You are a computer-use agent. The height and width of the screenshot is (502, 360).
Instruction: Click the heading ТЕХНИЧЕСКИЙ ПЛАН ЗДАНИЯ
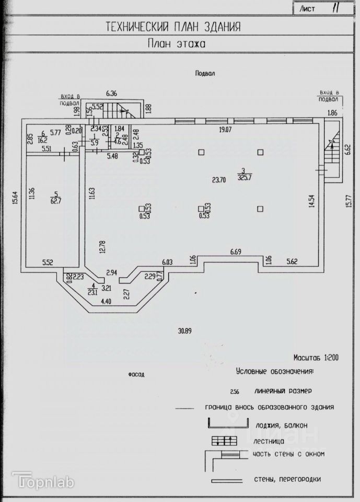click(x=173, y=27)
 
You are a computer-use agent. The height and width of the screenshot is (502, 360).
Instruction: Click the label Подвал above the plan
click(x=205, y=74)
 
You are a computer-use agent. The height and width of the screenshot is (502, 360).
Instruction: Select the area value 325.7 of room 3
click(x=243, y=176)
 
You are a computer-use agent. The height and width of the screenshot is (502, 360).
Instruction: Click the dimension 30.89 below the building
click(x=183, y=330)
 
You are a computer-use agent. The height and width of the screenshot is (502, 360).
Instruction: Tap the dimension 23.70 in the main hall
click(x=218, y=179)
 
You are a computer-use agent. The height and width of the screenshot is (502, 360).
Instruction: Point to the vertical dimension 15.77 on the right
click(x=349, y=201)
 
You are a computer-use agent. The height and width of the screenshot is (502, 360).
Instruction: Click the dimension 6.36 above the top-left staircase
click(x=112, y=94)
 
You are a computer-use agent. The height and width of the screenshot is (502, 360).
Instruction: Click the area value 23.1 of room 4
click(x=94, y=293)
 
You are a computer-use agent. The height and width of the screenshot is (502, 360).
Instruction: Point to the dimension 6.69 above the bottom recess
click(x=237, y=253)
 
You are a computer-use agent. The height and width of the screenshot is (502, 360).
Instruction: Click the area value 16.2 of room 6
click(x=43, y=140)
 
